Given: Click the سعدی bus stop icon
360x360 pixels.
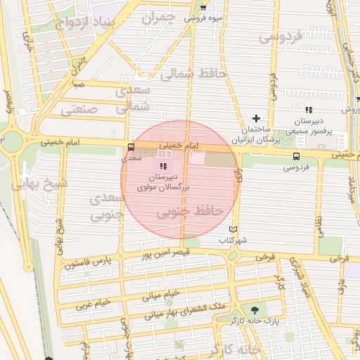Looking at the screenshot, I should point(131,148).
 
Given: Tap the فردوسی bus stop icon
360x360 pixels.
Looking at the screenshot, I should point(296,156).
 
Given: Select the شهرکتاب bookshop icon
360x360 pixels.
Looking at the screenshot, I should point(233,229).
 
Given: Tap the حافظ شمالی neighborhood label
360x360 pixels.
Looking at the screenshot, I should point(193,72).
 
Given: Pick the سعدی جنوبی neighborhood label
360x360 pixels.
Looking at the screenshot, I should point(107,206).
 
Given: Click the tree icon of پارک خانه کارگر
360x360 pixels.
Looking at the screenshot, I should point(254,309).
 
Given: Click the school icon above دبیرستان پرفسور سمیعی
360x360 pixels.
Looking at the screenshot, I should point(309,110).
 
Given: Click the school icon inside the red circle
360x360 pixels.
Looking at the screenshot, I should point(164,166).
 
